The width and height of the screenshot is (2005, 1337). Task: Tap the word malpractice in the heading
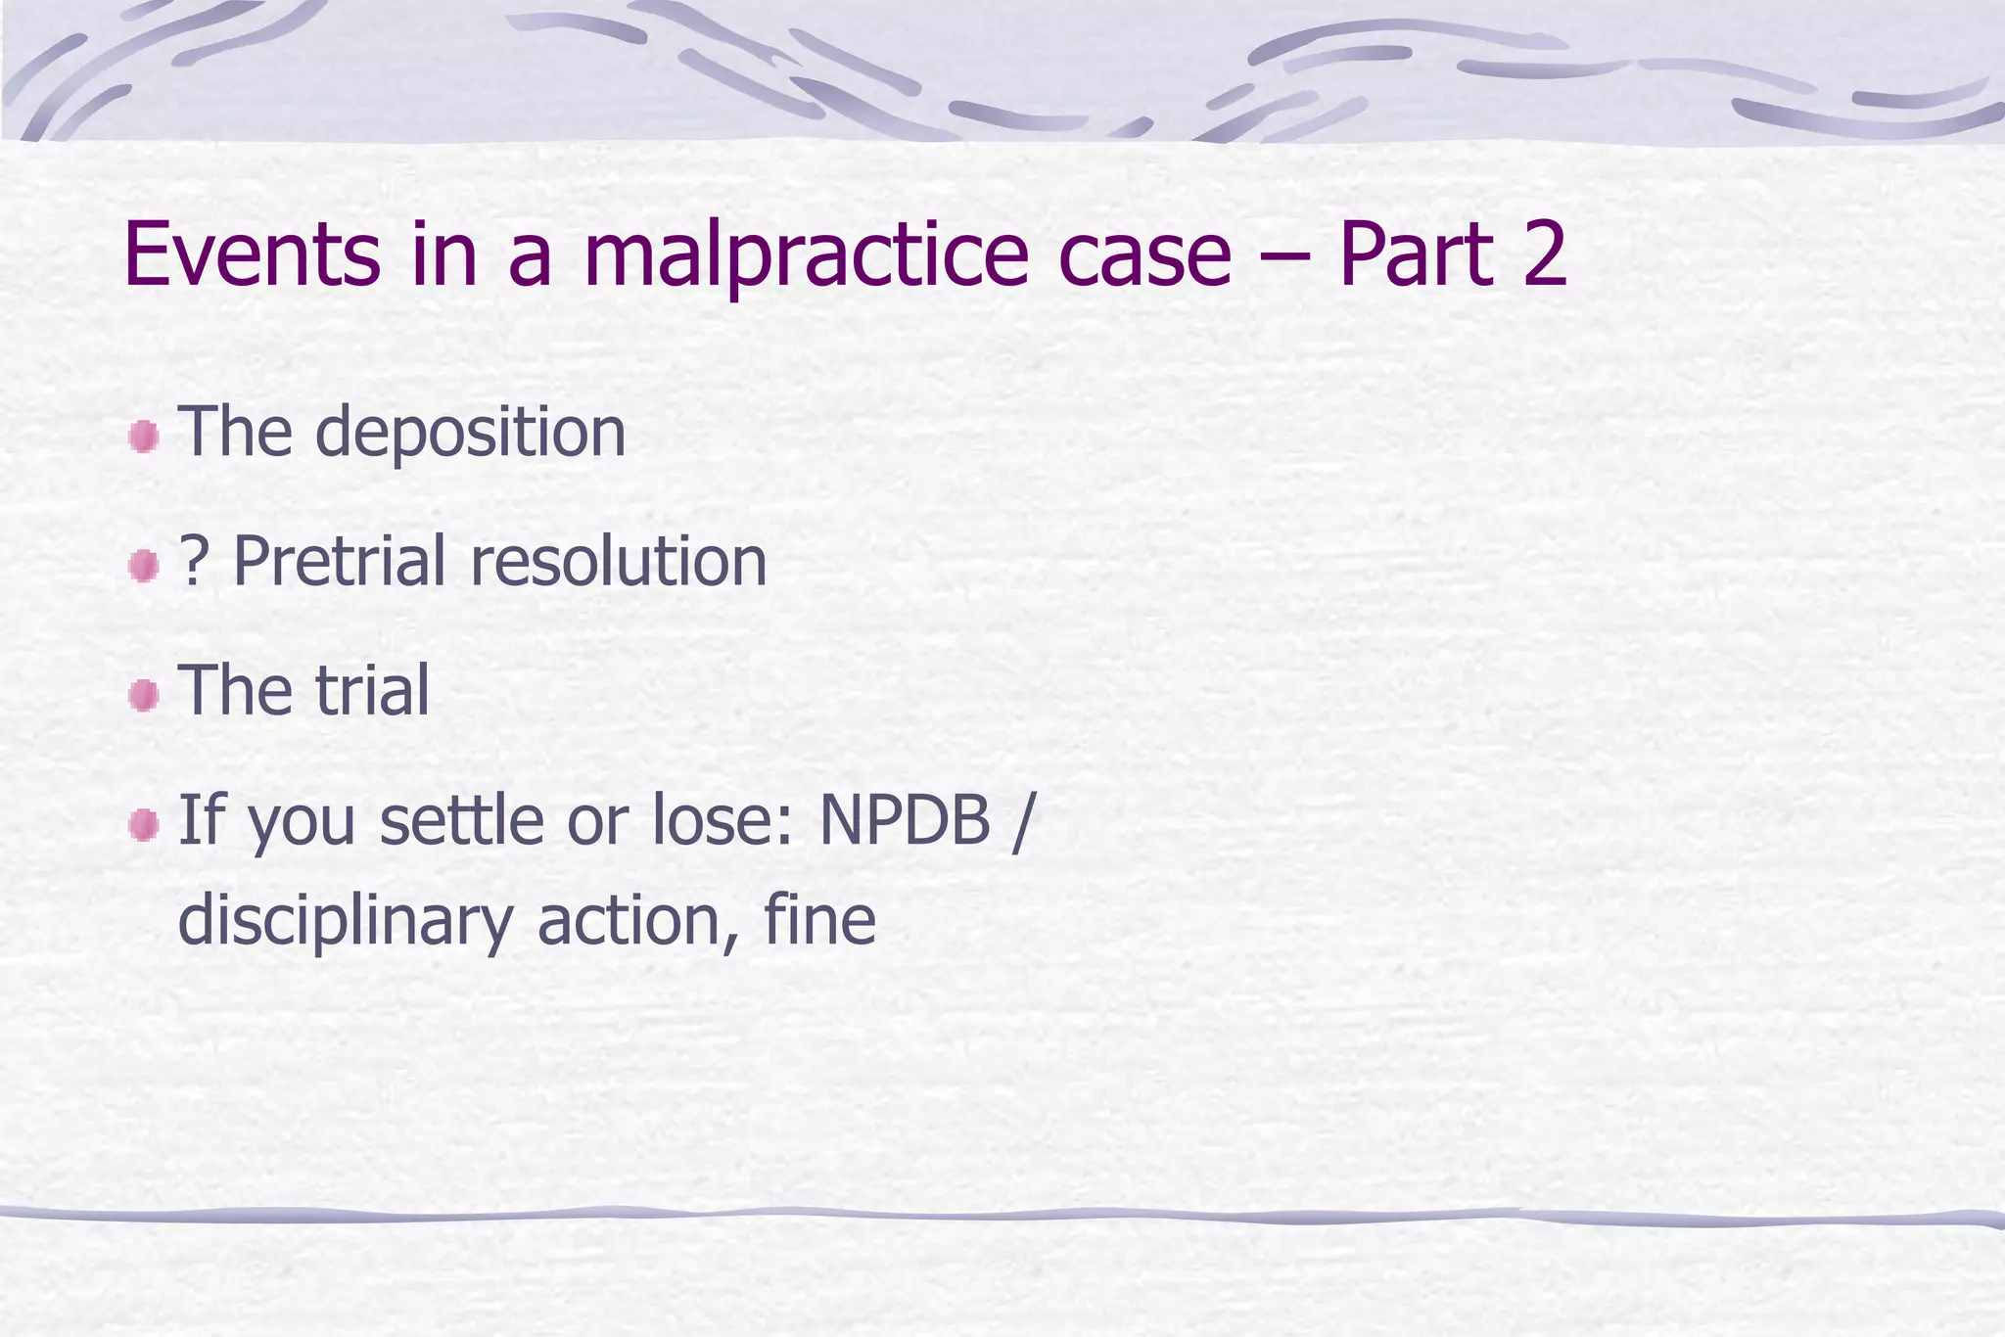(x=806, y=256)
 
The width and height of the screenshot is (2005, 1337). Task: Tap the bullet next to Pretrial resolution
(x=144, y=565)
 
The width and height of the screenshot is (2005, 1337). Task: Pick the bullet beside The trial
(x=144, y=696)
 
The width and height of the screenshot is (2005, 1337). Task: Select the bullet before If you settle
(x=144, y=824)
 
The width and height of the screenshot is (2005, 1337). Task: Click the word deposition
(x=470, y=433)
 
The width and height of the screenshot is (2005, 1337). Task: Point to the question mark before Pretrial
(x=192, y=562)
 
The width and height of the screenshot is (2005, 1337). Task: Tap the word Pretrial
(x=339, y=562)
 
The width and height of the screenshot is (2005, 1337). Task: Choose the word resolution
(x=619, y=562)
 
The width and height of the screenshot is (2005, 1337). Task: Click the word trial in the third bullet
(x=372, y=691)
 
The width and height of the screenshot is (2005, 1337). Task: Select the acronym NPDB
(x=905, y=820)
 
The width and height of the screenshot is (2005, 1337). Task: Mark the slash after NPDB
(x=1021, y=820)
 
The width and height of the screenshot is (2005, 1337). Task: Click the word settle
(x=461, y=820)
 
